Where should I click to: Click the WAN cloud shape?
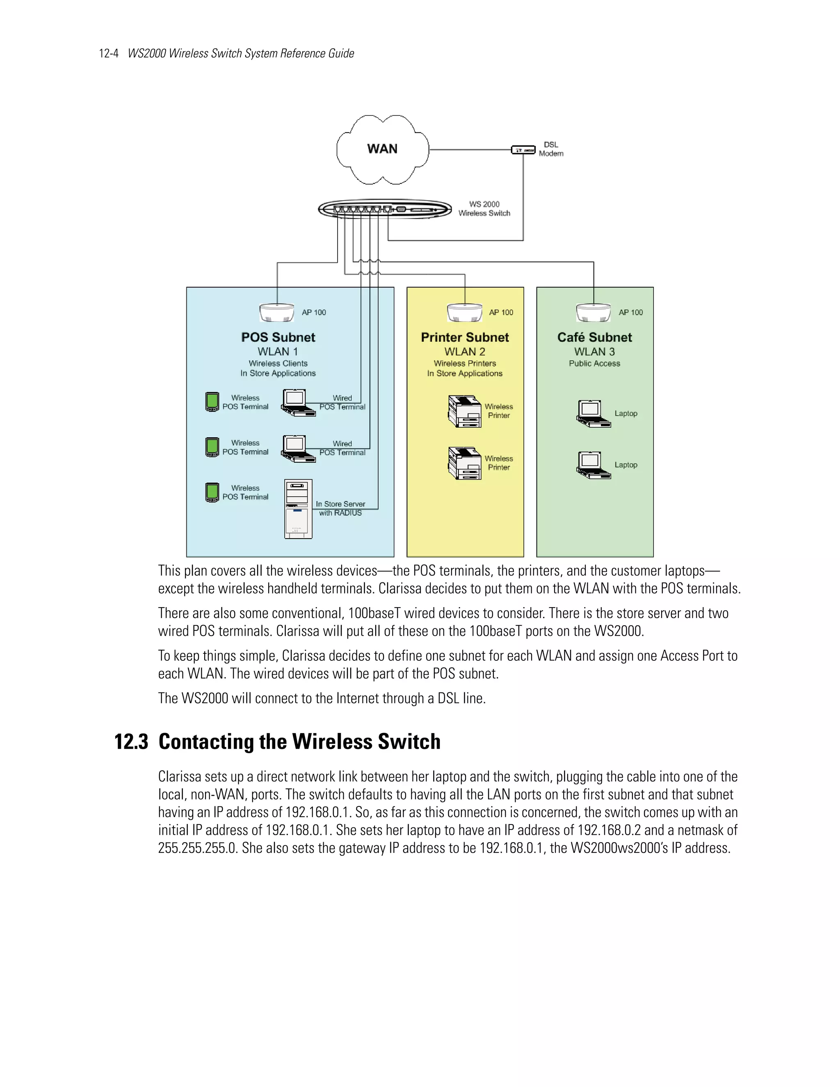pyautogui.click(x=382, y=149)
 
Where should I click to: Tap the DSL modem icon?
pyautogui.click(x=523, y=149)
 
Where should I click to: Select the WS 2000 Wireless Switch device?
pyautogui.click(x=385, y=209)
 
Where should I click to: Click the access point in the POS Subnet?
pyautogui.click(x=277, y=313)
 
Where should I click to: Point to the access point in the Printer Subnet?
pyautogui.click(x=464, y=313)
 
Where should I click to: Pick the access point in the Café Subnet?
pyautogui.click(x=593, y=313)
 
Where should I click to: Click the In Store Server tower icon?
pyautogui.click(x=299, y=509)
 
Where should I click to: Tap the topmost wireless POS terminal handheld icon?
pyautogui.click(x=212, y=402)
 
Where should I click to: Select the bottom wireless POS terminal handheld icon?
pyautogui.click(x=212, y=492)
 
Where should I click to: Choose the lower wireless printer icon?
pyautogui.click(x=465, y=463)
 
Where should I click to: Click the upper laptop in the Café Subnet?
pyautogui.click(x=593, y=413)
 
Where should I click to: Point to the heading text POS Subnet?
pyautogui.click(x=278, y=338)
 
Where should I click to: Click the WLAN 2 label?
pyautogui.click(x=465, y=352)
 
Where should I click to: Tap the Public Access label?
pyautogui.click(x=594, y=363)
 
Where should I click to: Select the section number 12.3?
pyautogui.click(x=131, y=742)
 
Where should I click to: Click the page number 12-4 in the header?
pyautogui.click(x=108, y=53)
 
